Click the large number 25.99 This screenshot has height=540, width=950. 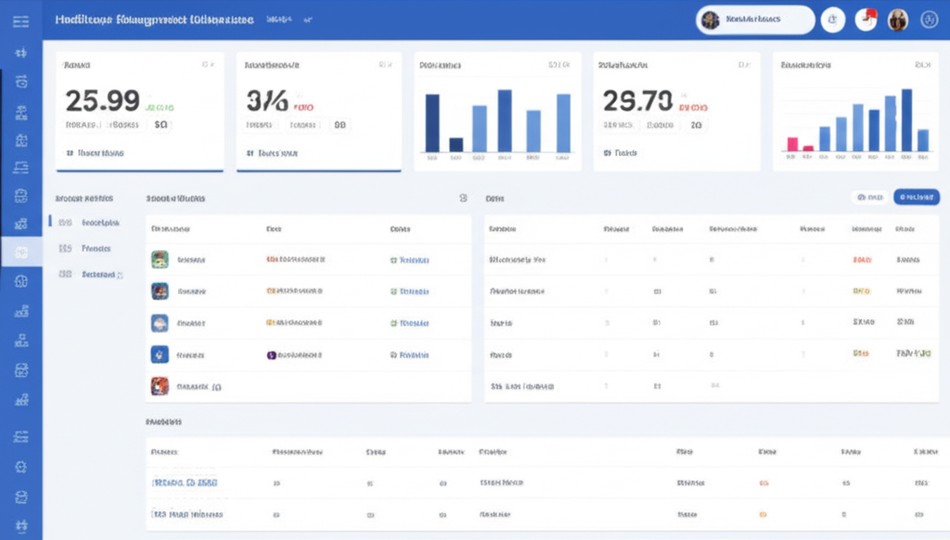(102, 100)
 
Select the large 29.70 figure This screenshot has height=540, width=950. (637, 100)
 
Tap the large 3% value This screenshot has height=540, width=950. (267, 100)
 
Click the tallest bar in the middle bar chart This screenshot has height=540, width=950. (505, 121)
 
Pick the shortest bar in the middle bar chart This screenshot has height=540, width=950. (456, 145)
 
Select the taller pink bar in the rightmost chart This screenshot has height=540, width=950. (792, 144)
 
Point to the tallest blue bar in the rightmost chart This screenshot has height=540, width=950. (906, 120)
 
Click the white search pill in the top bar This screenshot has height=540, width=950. (755, 19)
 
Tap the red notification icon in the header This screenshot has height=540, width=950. (867, 19)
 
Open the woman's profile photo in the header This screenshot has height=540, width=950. (897, 19)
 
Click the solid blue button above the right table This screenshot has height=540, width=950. (916, 197)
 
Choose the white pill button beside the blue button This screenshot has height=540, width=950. (869, 197)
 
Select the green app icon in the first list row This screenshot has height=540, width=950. (160, 260)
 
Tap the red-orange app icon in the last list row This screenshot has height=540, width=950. (160, 386)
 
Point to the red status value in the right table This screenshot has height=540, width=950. (862, 260)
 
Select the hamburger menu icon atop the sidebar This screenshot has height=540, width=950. (20, 20)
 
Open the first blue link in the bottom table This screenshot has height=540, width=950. (184, 483)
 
